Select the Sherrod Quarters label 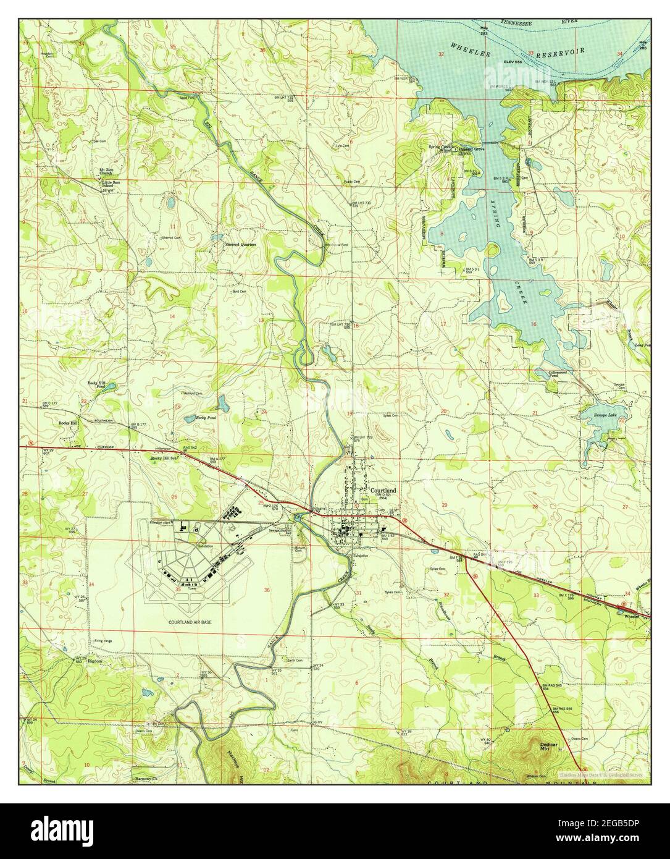[x=240, y=245]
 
